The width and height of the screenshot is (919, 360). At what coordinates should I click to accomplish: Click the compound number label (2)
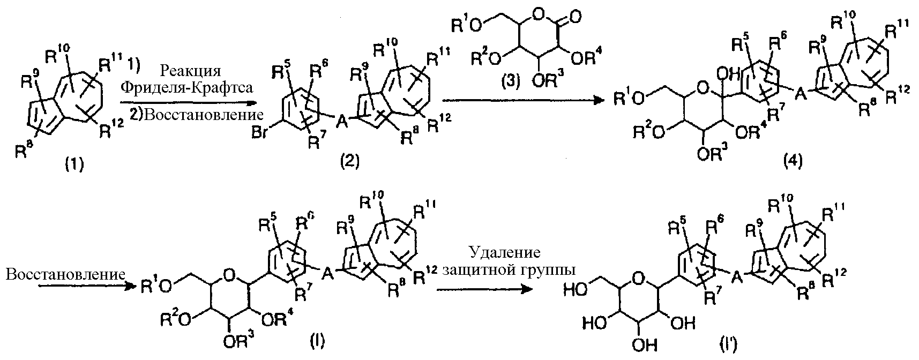(x=349, y=161)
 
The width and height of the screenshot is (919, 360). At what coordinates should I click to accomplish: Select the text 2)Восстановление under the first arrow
(x=196, y=114)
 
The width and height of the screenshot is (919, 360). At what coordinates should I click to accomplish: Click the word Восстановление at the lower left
(x=65, y=274)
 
